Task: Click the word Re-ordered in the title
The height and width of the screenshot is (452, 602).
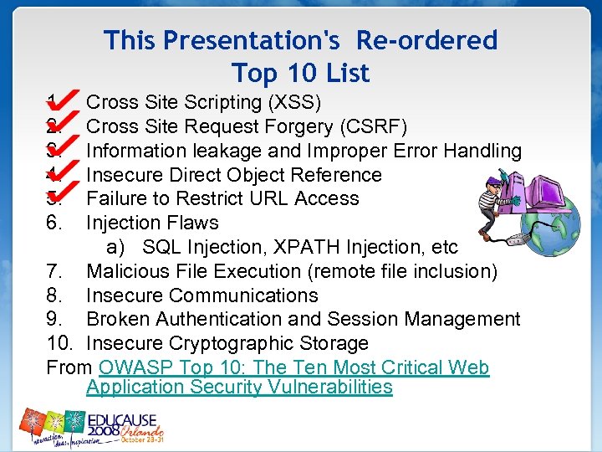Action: pos(426,40)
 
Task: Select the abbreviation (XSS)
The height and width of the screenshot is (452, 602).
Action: pos(293,103)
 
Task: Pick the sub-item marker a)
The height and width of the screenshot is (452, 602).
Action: pos(115,248)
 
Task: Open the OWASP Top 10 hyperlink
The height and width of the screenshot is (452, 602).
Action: pos(293,368)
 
